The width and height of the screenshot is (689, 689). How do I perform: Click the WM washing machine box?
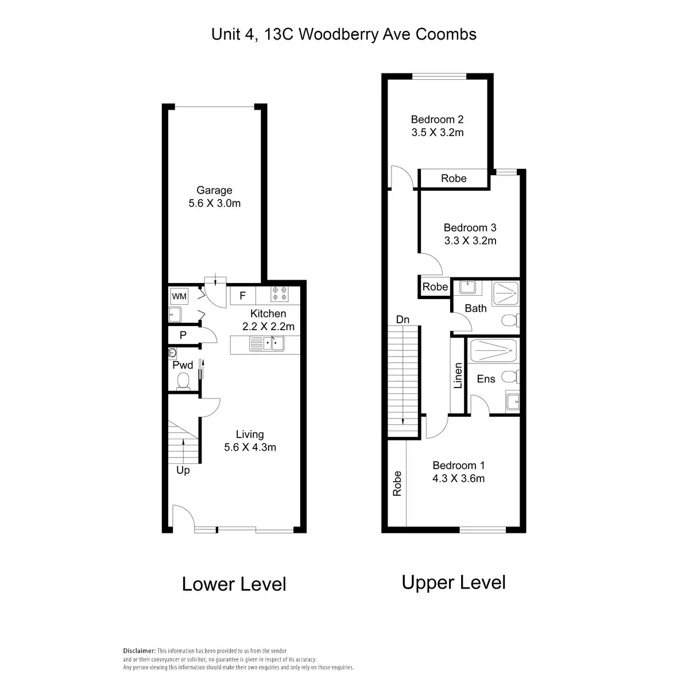[179, 296]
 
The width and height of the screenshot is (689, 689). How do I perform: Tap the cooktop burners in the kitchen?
[280, 293]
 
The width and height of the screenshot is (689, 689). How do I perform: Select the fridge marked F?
[243, 296]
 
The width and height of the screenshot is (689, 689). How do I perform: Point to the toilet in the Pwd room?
[183, 381]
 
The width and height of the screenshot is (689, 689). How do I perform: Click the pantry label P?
[183, 335]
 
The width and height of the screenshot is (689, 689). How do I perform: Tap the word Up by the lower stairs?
[183, 471]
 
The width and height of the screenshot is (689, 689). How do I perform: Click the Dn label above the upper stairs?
[402, 320]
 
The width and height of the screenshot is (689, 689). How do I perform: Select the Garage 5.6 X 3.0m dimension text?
[215, 203]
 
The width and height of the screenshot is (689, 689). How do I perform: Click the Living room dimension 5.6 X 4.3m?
[250, 447]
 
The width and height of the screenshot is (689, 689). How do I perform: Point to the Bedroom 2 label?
[437, 119]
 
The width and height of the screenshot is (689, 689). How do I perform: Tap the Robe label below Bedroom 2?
[454, 179]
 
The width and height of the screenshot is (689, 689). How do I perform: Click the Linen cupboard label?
[458, 376]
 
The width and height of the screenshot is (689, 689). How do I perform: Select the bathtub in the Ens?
[493, 351]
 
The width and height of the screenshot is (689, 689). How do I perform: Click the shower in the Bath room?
[505, 293]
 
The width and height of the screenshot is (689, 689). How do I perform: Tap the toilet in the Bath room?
[510, 320]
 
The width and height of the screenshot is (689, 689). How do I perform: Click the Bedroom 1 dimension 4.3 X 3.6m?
[458, 478]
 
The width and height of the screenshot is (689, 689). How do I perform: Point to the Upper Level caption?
[454, 582]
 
